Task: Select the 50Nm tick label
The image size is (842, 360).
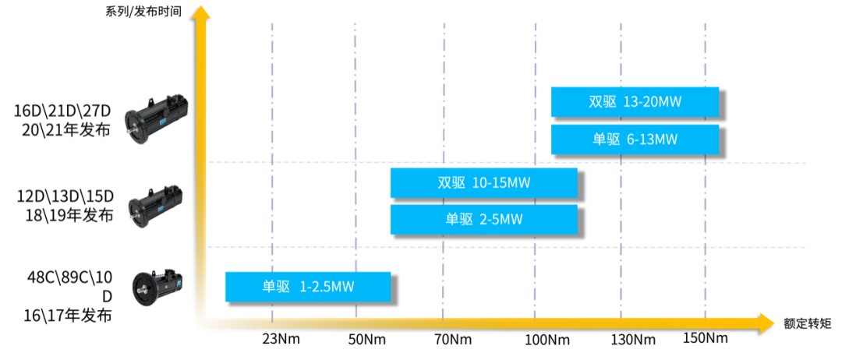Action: (x=364, y=340)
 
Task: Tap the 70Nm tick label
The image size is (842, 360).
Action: (x=453, y=340)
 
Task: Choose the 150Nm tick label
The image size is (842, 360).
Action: (x=705, y=338)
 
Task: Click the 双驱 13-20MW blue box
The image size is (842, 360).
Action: (x=635, y=102)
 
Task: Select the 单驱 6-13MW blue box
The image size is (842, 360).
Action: (x=635, y=139)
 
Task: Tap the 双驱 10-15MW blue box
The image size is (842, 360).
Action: (x=484, y=183)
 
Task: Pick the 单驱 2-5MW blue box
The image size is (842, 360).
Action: (x=484, y=220)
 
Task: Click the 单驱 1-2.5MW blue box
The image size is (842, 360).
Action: (x=308, y=287)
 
